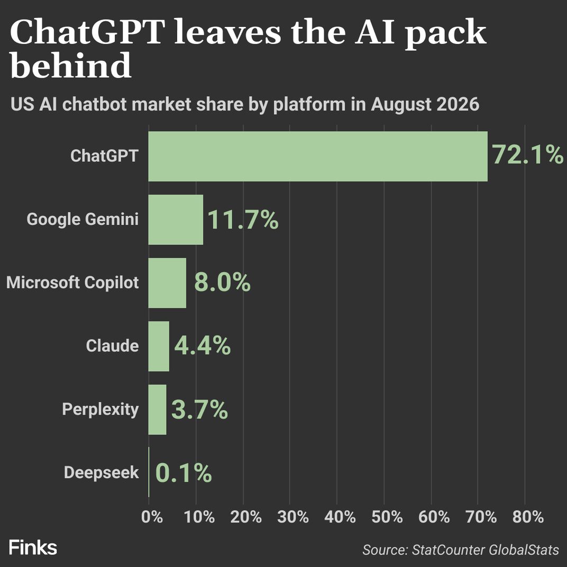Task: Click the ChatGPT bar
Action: [318, 156]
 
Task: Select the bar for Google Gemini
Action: [176, 220]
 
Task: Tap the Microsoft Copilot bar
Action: [168, 283]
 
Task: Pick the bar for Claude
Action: [159, 346]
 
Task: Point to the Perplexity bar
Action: [157, 409]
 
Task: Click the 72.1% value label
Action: [528, 155]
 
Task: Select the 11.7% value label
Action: [243, 220]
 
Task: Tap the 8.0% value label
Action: [222, 282]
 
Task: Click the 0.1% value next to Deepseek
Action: [184, 473]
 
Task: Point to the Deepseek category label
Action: [101, 472]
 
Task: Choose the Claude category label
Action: [113, 346]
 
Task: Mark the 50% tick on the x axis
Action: [387, 517]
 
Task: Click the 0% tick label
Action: [152, 517]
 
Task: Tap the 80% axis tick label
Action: [528, 517]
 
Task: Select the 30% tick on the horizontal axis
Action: [293, 517]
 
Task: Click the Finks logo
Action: [33, 547]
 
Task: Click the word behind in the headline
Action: [70, 65]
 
